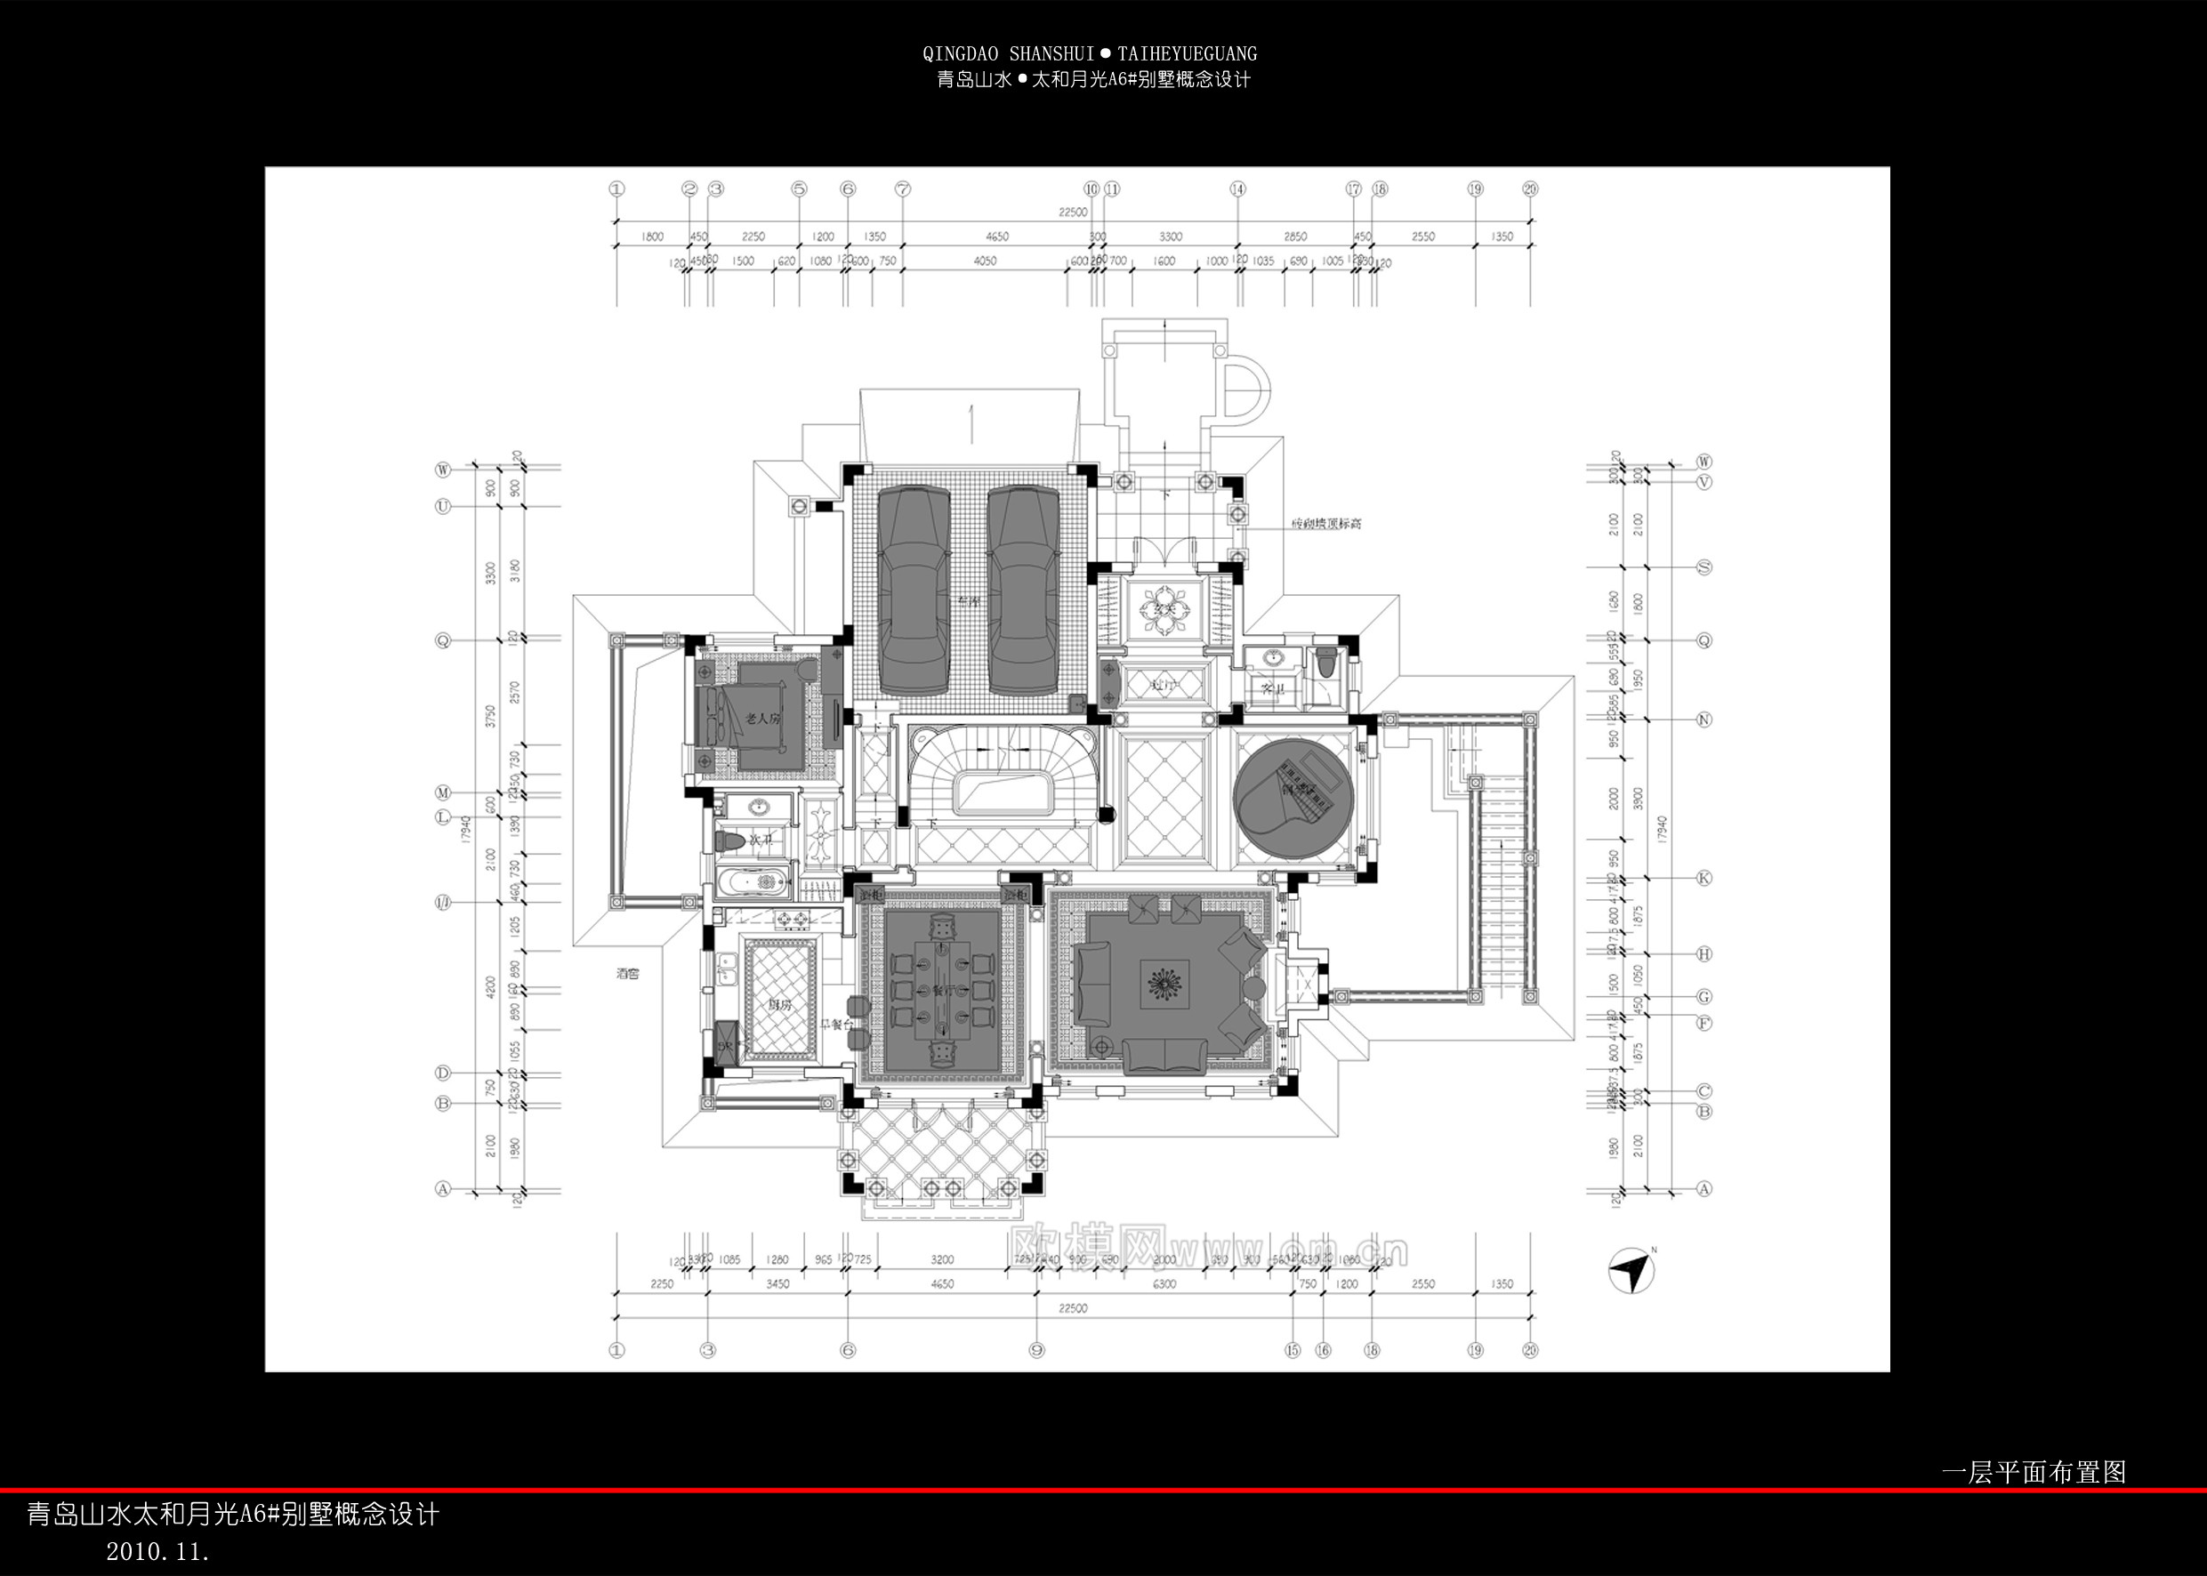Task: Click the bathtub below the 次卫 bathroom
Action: pos(753,883)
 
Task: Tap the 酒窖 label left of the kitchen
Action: pos(627,973)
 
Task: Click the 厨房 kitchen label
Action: pos(778,1005)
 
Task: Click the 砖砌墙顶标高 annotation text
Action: pos(1325,524)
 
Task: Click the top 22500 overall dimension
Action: pos(1073,212)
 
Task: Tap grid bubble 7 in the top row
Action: pos(903,189)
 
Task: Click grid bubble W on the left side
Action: pos(443,470)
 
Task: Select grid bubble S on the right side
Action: pos(1704,567)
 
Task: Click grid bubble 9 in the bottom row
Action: pos(1036,1350)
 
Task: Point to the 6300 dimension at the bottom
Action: pos(1164,1284)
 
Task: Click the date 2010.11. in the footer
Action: pos(157,1551)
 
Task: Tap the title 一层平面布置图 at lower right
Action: pos(2033,1472)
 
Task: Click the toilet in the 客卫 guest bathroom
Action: pos(1326,664)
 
